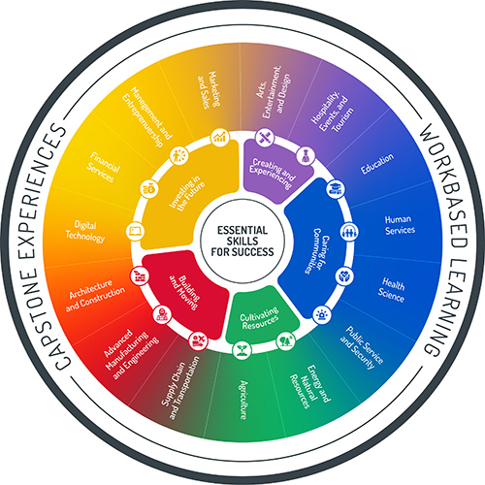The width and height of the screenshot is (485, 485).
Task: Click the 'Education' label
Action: click(x=376, y=168)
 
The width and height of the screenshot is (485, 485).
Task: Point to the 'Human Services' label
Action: click(x=399, y=225)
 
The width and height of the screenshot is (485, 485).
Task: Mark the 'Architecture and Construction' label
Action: click(x=98, y=295)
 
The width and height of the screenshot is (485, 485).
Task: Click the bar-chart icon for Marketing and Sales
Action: click(x=220, y=138)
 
